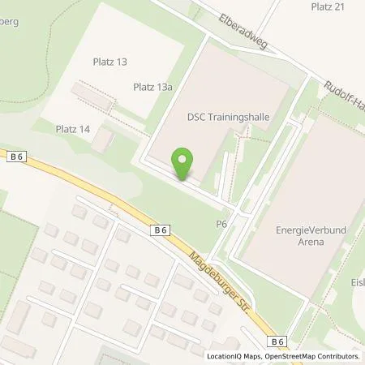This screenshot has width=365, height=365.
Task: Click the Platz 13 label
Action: click(110, 61)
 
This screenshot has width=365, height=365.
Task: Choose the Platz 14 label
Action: click(72, 128)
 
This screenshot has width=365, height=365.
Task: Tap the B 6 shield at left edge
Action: click(17, 153)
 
